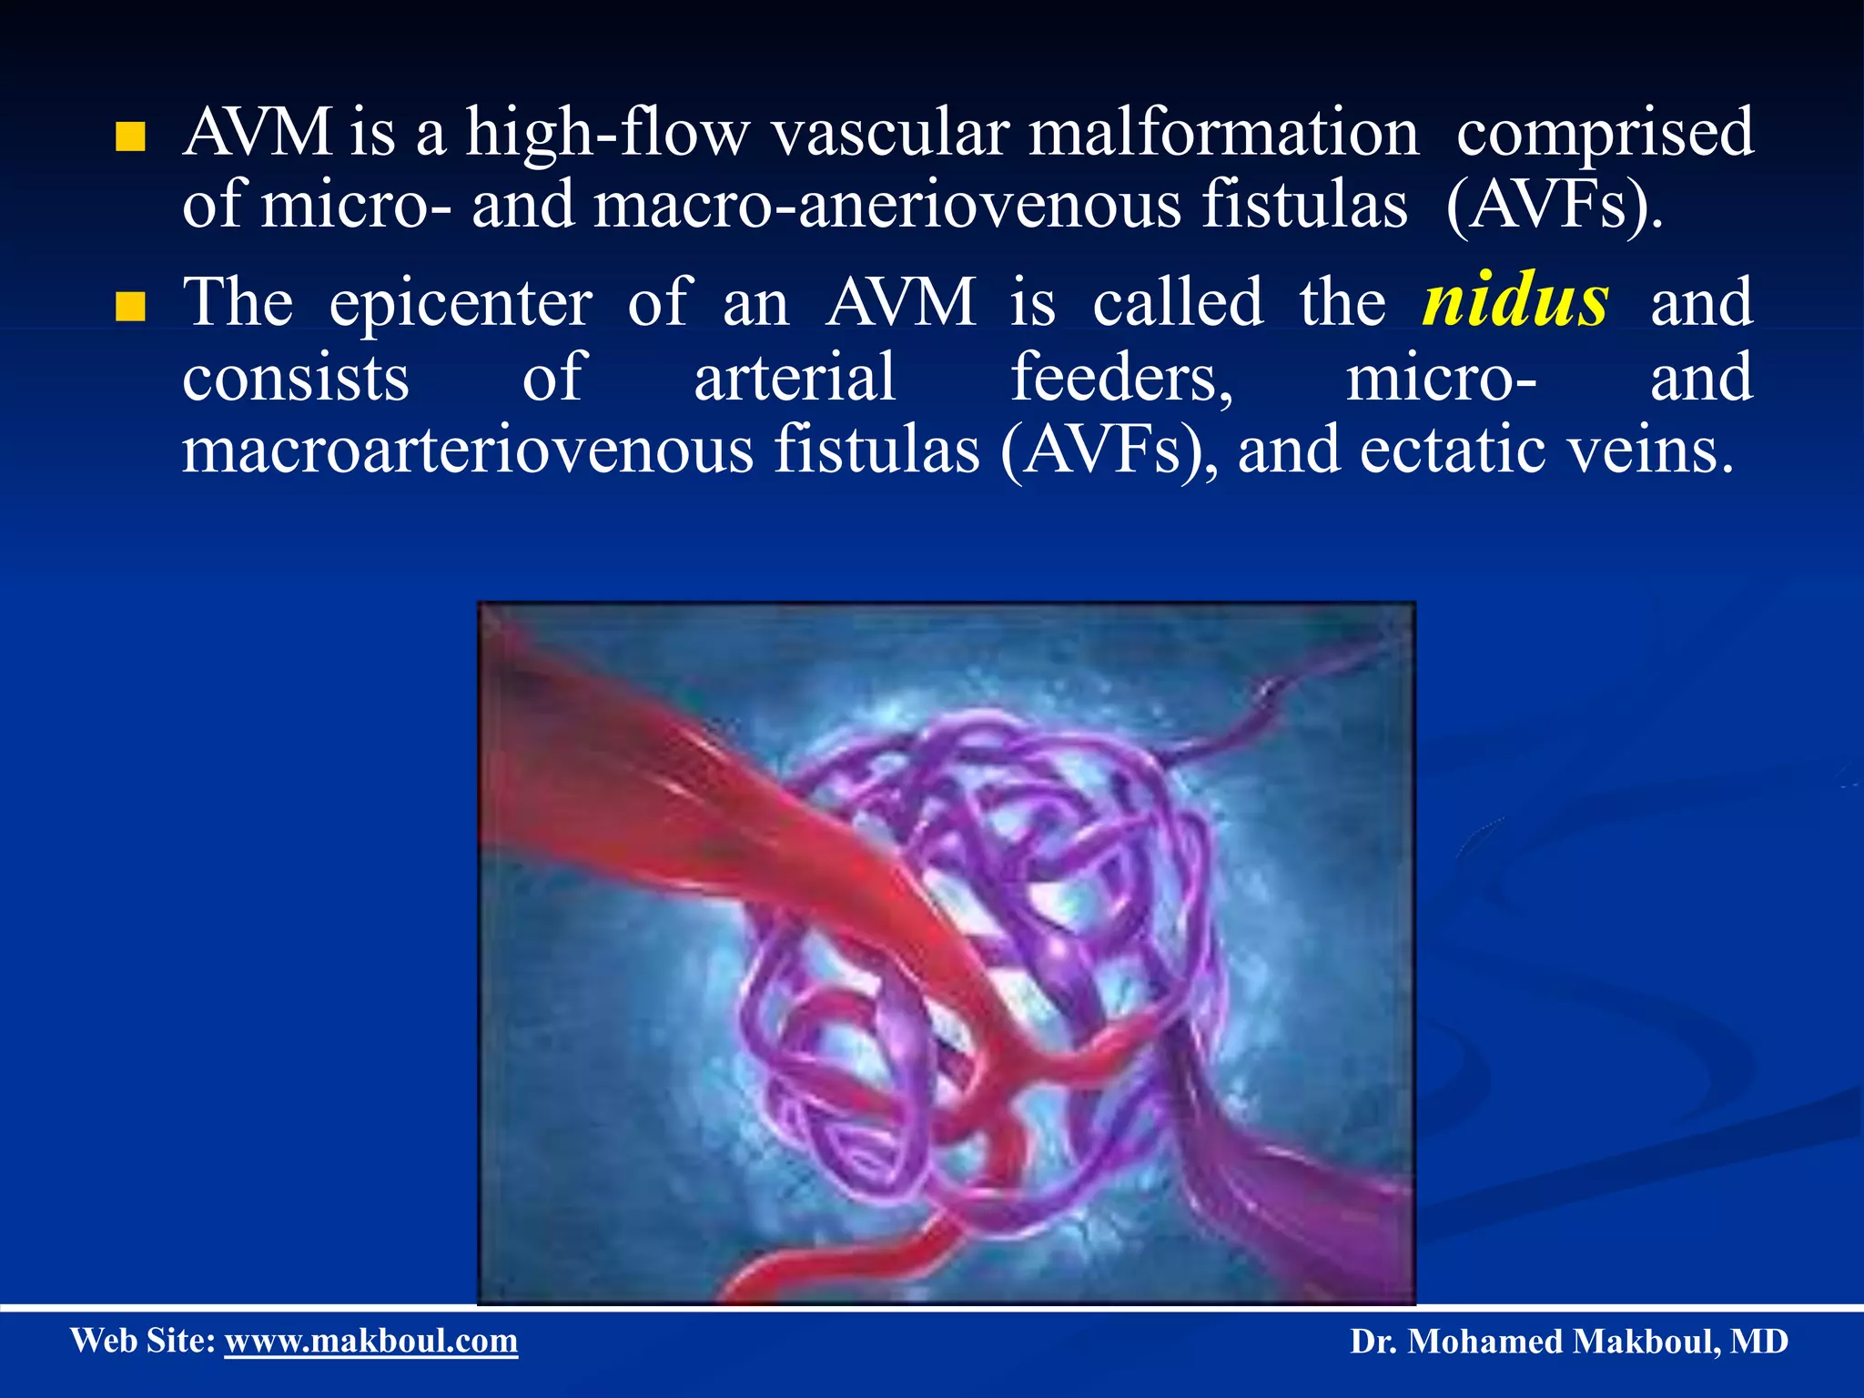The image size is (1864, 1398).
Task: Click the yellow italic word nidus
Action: click(x=1515, y=301)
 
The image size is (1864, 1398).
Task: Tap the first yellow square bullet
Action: click(x=131, y=137)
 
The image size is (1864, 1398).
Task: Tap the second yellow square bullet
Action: click(x=131, y=308)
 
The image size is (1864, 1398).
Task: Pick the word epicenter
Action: click(x=461, y=305)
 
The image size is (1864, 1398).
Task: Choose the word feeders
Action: click(x=1121, y=379)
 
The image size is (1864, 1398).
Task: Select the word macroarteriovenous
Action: click(x=467, y=450)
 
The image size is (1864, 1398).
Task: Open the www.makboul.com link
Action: click(x=371, y=1341)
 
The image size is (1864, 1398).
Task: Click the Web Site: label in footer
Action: click(x=143, y=1341)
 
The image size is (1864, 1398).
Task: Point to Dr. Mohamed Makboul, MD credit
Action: click(x=1568, y=1342)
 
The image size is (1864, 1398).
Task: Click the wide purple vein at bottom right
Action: click(x=1320, y=1201)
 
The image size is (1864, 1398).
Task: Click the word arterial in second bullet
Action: click(x=795, y=379)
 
